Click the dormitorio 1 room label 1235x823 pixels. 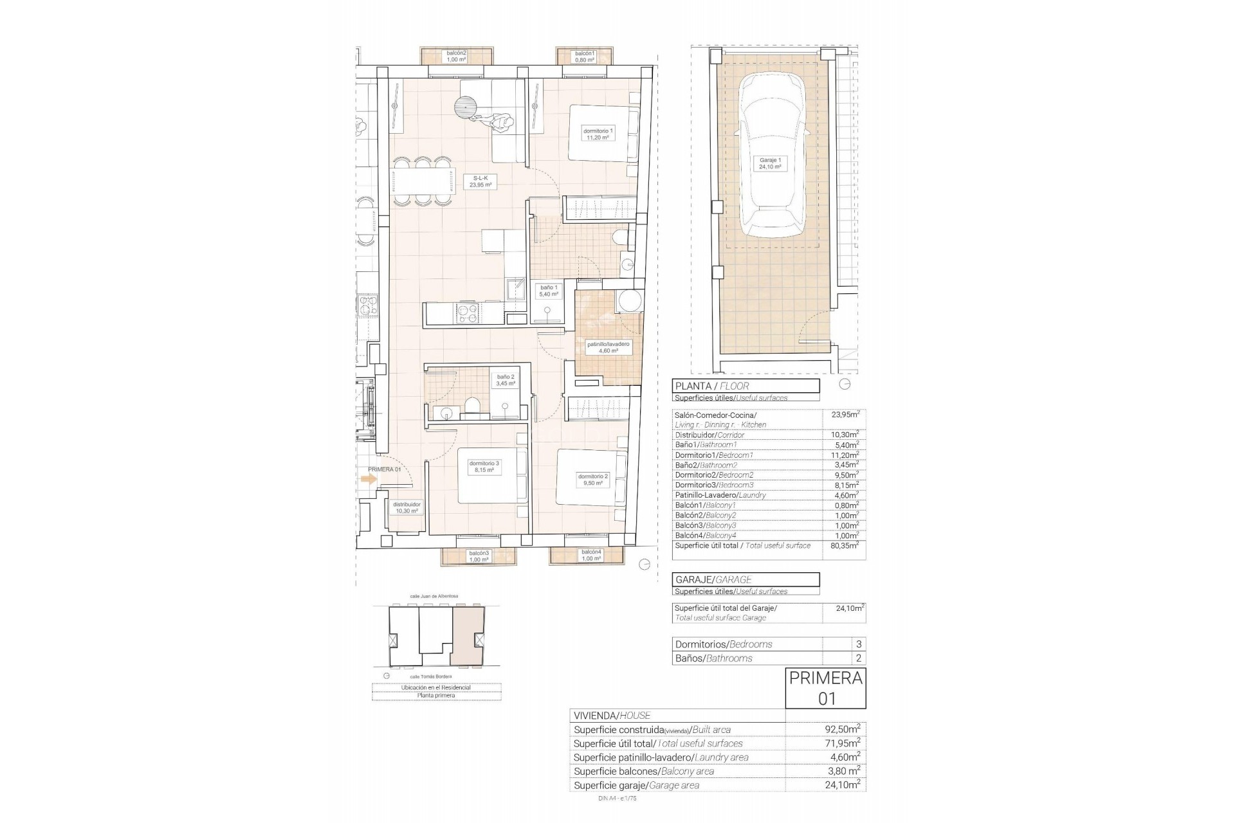[598, 134]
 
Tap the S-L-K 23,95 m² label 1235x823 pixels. [480, 181]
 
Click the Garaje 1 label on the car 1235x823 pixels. [770, 163]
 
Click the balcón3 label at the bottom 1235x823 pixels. [479, 556]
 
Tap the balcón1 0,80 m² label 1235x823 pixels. [584, 57]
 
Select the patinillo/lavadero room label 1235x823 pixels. [608, 348]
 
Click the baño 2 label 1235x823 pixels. [505, 380]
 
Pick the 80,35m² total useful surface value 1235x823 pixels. [845, 545]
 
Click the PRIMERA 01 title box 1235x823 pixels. [825, 688]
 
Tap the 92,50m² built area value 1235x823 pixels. [842, 730]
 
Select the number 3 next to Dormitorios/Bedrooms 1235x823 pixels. [858, 644]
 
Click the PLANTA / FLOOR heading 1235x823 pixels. [746, 386]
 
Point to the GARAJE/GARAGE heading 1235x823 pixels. [746, 579]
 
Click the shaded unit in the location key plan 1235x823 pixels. [468, 636]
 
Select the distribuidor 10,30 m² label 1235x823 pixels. [407, 508]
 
